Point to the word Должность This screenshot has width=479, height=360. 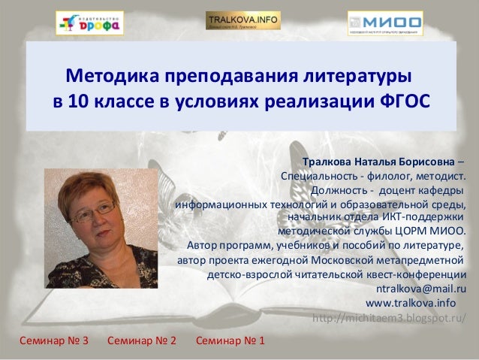click(x=338, y=190)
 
